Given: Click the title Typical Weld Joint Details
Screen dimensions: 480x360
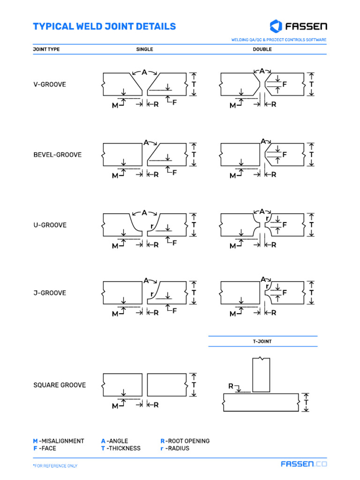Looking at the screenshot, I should click(x=104, y=26).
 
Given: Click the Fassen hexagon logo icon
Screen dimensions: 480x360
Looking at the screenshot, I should click(x=276, y=26).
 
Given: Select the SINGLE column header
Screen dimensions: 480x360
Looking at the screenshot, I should click(x=144, y=49).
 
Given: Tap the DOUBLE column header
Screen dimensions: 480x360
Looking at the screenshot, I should click(x=262, y=49).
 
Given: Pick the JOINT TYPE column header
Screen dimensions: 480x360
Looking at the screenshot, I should click(x=46, y=49).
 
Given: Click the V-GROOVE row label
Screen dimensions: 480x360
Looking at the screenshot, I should click(x=50, y=85).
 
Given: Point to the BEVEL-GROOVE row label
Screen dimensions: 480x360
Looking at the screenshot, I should click(x=57, y=155).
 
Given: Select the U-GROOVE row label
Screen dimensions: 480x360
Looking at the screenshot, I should click(x=50, y=225).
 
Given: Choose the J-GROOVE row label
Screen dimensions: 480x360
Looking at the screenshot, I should click(x=50, y=293).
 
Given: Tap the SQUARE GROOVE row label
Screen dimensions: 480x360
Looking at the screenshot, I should click(x=60, y=385).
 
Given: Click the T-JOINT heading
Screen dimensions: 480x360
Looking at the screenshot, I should click(x=262, y=342).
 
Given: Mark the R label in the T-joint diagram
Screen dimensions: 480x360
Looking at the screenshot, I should click(x=231, y=386).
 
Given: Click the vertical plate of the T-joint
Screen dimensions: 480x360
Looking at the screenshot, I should click(x=261, y=375).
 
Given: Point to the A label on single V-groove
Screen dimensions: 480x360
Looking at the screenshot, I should click(x=144, y=72).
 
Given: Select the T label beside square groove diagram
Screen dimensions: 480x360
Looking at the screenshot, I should click(x=194, y=385).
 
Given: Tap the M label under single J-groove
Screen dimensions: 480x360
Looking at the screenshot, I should click(x=115, y=314).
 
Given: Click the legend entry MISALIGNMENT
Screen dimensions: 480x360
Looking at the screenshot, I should click(x=59, y=441).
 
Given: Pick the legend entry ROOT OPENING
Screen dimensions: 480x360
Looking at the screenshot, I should click(x=185, y=441).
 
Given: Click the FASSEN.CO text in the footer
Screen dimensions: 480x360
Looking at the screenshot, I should click(x=304, y=464).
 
